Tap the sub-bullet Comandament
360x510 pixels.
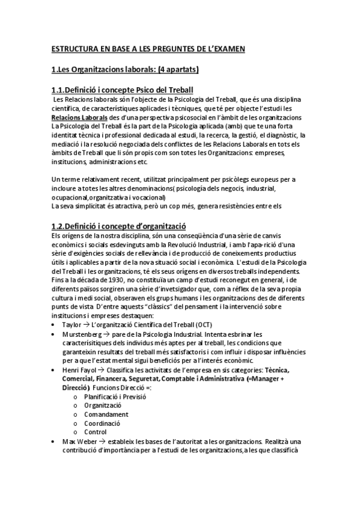pos(106,414)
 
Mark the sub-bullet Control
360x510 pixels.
pos(96,432)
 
